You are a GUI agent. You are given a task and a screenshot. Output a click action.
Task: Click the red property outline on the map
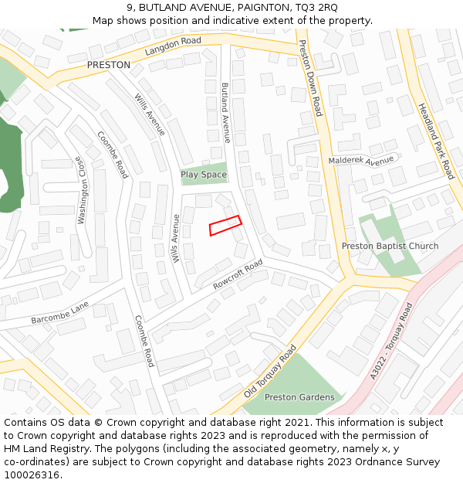(x=225, y=225)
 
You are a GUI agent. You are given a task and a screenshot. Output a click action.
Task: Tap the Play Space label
(x=204, y=175)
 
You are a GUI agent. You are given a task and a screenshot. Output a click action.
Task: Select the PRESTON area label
(x=108, y=66)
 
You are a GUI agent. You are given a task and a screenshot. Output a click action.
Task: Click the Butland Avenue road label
(x=225, y=113)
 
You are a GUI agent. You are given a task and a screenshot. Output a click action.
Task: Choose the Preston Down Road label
(x=310, y=78)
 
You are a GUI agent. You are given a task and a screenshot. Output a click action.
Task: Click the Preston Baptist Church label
(x=390, y=247)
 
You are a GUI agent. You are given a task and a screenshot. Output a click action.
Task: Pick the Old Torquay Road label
(x=270, y=371)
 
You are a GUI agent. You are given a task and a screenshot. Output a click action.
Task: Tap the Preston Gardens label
(x=299, y=397)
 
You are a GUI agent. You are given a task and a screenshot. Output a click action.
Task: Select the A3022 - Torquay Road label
(x=392, y=341)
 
